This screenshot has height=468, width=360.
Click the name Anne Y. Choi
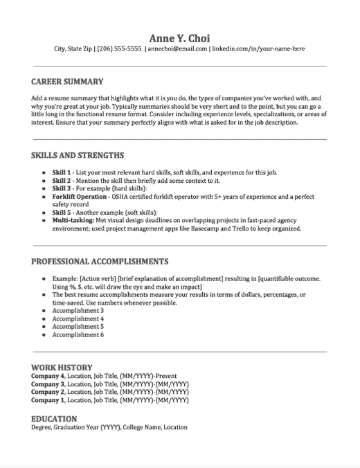(x=179, y=37)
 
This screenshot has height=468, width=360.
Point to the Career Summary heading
(x=67, y=82)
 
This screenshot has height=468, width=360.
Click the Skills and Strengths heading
(x=78, y=155)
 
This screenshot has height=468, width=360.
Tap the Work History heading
(x=62, y=366)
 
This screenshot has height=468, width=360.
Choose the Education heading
(x=55, y=418)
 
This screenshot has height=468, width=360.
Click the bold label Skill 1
(x=63, y=171)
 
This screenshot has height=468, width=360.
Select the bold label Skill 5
(x=63, y=211)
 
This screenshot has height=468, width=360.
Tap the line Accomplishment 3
(x=78, y=310)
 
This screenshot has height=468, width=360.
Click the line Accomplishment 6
(x=78, y=334)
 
